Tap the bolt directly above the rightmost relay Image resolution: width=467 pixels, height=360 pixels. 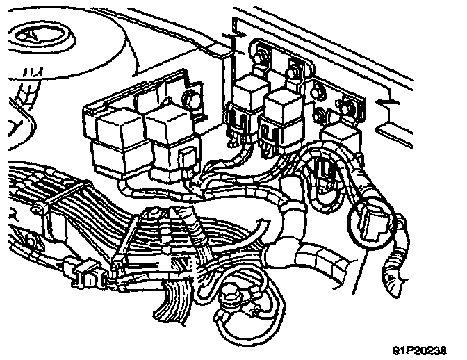[x=346, y=106]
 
